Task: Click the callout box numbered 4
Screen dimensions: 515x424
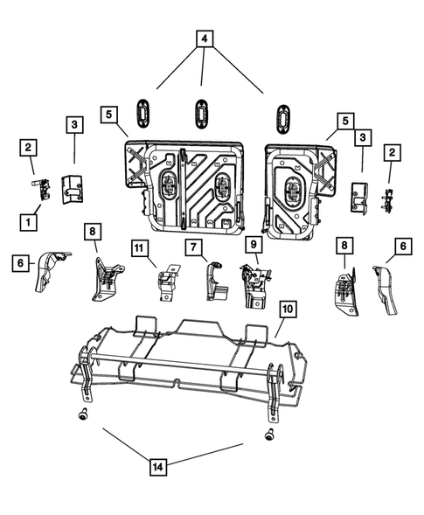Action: coord(203,39)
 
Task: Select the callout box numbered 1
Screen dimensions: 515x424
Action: coord(30,222)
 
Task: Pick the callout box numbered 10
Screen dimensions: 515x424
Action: coord(288,310)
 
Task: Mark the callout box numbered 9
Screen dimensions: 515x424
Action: coord(252,246)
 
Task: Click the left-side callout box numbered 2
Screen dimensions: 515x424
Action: coord(30,147)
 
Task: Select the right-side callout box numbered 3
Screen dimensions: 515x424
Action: coord(361,137)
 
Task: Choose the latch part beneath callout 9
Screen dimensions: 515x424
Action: coord(252,284)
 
